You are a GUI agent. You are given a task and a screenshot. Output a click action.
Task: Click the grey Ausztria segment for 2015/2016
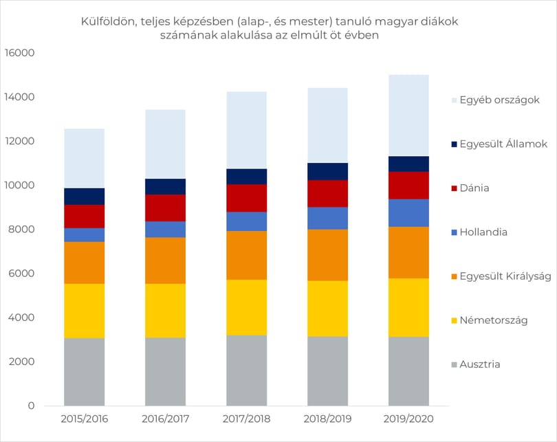coord(84,372)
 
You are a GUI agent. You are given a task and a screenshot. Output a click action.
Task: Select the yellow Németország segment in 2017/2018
coord(247,307)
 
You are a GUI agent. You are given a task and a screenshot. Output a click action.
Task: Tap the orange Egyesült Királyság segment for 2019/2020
coord(408,252)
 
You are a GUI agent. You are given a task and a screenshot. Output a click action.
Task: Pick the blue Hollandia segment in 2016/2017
coord(165,230)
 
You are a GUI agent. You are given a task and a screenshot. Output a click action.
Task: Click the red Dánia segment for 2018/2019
coord(327,193)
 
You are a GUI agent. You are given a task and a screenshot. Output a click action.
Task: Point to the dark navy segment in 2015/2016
coord(84,197)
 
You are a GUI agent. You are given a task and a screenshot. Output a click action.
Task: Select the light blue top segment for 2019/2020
coord(408,115)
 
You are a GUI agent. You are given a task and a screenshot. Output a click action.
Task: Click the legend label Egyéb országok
coord(499,100)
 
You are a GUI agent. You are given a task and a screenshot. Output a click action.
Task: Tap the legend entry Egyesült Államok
coord(499,144)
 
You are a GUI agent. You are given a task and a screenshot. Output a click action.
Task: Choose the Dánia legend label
coord(474,188)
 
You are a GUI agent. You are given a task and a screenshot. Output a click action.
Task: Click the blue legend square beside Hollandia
coord(454,232)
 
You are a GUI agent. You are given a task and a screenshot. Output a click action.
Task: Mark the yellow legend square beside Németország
coord(454,320)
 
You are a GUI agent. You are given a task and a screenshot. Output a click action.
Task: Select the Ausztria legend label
coord(479,364)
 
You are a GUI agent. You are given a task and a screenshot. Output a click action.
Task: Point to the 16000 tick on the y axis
coord(19,53)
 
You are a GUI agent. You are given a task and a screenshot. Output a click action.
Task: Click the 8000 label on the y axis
coord(21,230)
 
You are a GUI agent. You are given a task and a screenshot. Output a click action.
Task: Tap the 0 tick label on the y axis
coord(31,406)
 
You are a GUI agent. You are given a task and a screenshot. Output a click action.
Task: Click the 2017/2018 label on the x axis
coord(247,419)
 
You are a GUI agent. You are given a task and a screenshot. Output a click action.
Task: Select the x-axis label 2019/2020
coord(408,419)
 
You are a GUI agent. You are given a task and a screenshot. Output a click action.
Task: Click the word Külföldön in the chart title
coord(108,22)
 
